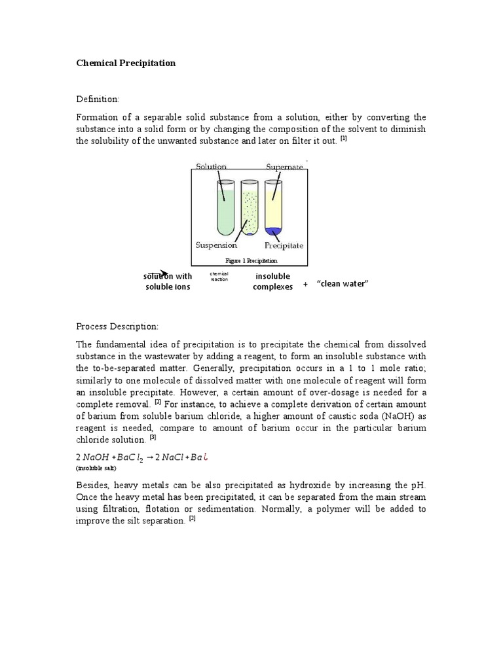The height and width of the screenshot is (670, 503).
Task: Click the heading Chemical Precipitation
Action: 126,63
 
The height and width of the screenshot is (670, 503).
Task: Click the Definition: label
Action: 98,99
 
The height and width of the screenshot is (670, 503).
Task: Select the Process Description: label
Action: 117,326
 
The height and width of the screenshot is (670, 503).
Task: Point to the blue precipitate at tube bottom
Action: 274,230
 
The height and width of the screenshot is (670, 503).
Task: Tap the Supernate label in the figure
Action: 284,167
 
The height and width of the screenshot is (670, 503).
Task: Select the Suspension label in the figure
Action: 216,245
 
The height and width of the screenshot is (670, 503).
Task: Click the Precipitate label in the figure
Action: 284,246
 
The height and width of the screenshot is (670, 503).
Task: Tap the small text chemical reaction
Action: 218,276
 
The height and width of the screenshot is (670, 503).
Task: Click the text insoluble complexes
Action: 272,281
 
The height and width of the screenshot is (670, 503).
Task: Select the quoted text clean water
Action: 343,283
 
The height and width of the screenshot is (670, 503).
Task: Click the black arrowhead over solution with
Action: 164,274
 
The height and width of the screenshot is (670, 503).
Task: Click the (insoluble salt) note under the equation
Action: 97,468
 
